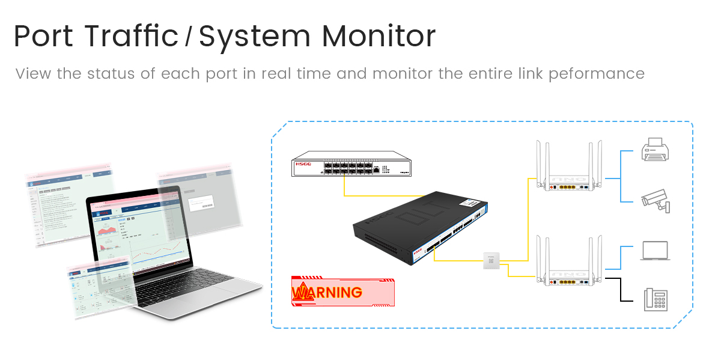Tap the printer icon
tap(655, 149)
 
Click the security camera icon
tap(655, 201)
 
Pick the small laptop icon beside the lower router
tap(655, 251)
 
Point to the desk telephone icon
tap(656, 299)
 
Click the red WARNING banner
tap(344, 292)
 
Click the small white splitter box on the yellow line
tap(491, 260)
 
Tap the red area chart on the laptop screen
tap(108, 231)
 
